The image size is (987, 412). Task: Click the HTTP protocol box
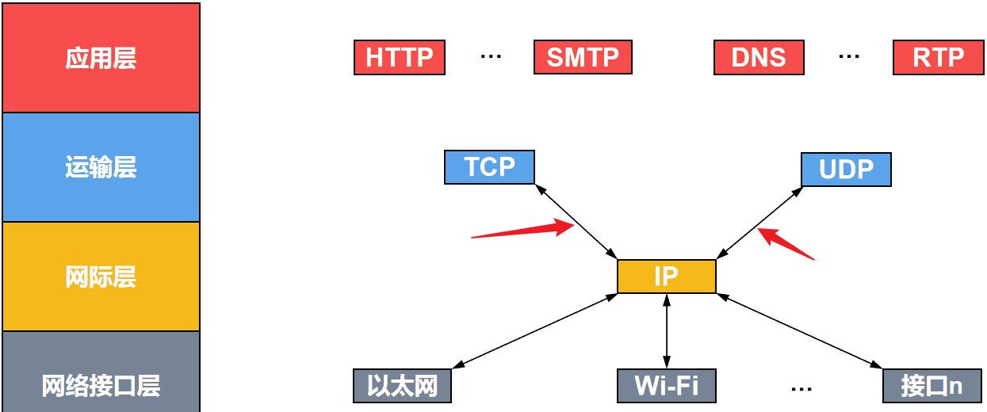click(x=400, y=57)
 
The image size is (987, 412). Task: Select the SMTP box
click(x=583, y=57)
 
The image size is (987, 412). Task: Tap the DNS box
click(x=759, y=57)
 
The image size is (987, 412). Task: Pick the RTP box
click(x=939, y=57)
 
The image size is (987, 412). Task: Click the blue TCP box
click(x=489, y=167)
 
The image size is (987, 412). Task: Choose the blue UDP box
click(x=846, y=170)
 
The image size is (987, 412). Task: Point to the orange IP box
click(x=666, y=277)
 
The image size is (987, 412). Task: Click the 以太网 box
click(x=402, y=386)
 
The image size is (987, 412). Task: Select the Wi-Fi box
click(x=666, y=386)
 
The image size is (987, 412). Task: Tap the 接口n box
click(x=932, y=386)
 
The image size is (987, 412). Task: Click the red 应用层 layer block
click(x=101, y=58)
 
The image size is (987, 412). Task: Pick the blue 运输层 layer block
click(x=101, y=167)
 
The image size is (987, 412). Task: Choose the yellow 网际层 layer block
click(x=101, y=277)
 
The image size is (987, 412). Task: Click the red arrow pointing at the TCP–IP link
click(x=523, y=231)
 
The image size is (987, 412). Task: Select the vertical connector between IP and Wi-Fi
click(x=667, y=330)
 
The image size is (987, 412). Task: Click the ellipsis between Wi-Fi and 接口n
click(x=801, y=388)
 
